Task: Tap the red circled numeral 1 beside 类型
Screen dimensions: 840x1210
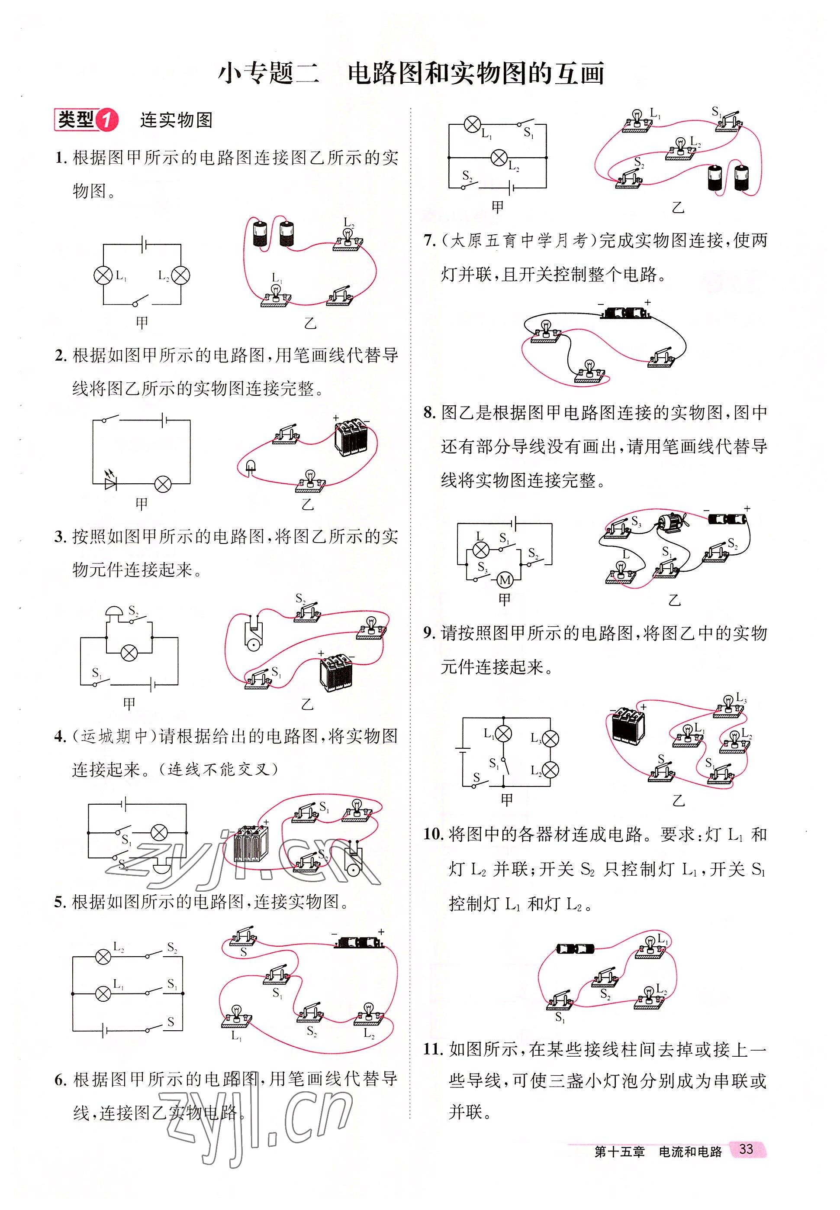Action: (x=106, y=120)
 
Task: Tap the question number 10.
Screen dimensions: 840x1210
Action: (x=434, y=835)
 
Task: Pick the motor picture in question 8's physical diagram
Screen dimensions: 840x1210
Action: (x=669, y=522)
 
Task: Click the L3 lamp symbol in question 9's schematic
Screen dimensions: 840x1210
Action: (x=550, y=738)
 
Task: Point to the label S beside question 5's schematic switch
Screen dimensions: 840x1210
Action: (x=171, y=1022)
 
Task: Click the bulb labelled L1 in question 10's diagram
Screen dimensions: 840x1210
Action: (x=650, y=946)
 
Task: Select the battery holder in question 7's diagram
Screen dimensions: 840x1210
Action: (x=625, y=313)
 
